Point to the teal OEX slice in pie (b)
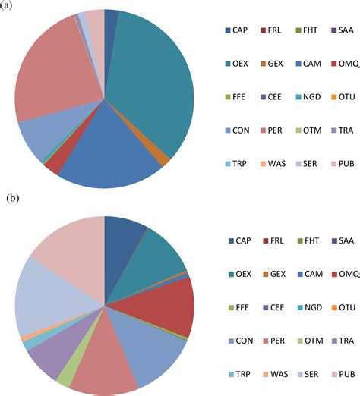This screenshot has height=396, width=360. [159, 254]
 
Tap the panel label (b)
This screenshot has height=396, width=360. [13, 199]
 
